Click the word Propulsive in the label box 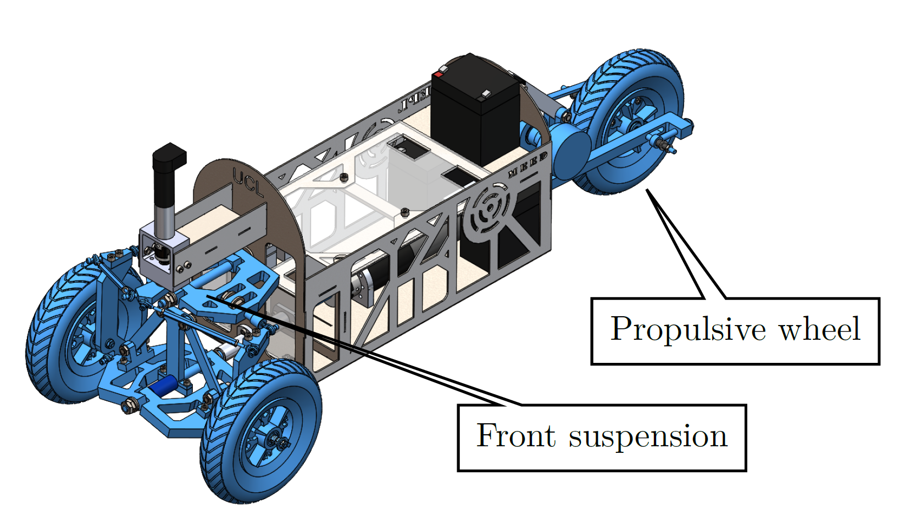[x=688, y=329]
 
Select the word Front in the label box [x=515, y=436]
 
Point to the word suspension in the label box [x=648, y=437]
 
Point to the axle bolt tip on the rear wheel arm [x=671, y=148]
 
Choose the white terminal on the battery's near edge [x=484, y=95]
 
